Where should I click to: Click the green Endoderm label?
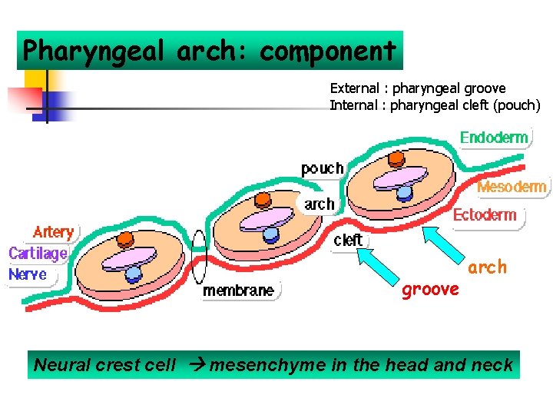(x=494, y=138)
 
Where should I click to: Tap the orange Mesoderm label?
(x=512, y=187)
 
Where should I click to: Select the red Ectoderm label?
(x=485, y=214)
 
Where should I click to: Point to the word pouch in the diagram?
(x=322, y=168)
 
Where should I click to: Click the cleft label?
(x=348, y=240)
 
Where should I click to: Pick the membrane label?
(x=237, y=290)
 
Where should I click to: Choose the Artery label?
(x=53, y=231)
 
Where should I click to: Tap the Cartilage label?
(x=38, y=253)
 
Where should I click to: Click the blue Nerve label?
(x=28, y=274)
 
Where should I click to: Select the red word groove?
(x=430, y=290)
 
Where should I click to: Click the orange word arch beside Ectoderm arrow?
(x=488, y=267)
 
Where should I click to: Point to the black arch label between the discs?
(x=320, y=204)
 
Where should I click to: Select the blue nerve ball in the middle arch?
(x=270, y=233)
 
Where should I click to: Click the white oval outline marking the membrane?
(x=200, y=257)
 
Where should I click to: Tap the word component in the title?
(x=328, y=51)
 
